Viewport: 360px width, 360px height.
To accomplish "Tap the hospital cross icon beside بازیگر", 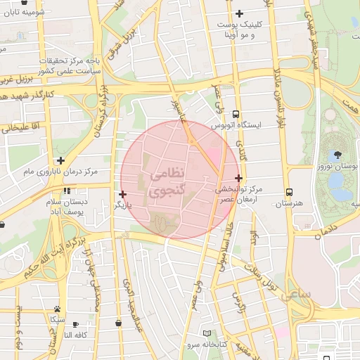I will (x=123, y=194).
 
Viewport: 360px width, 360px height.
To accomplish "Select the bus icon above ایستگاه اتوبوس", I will (x=235, y=113).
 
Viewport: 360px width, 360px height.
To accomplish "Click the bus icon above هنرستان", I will (x=289, y=192).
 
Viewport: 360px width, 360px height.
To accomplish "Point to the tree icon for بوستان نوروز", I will (x=339, y=155).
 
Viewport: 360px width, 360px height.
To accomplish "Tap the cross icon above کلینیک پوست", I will (x=239, y=13).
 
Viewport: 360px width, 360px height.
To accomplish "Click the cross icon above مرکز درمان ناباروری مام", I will (x=61, y=160).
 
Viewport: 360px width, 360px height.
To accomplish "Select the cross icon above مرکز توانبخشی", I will (x=239, y=179).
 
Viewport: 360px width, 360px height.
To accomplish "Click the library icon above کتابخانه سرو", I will (x=206, y=333).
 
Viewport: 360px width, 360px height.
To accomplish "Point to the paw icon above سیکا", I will (x=56, y=309).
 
